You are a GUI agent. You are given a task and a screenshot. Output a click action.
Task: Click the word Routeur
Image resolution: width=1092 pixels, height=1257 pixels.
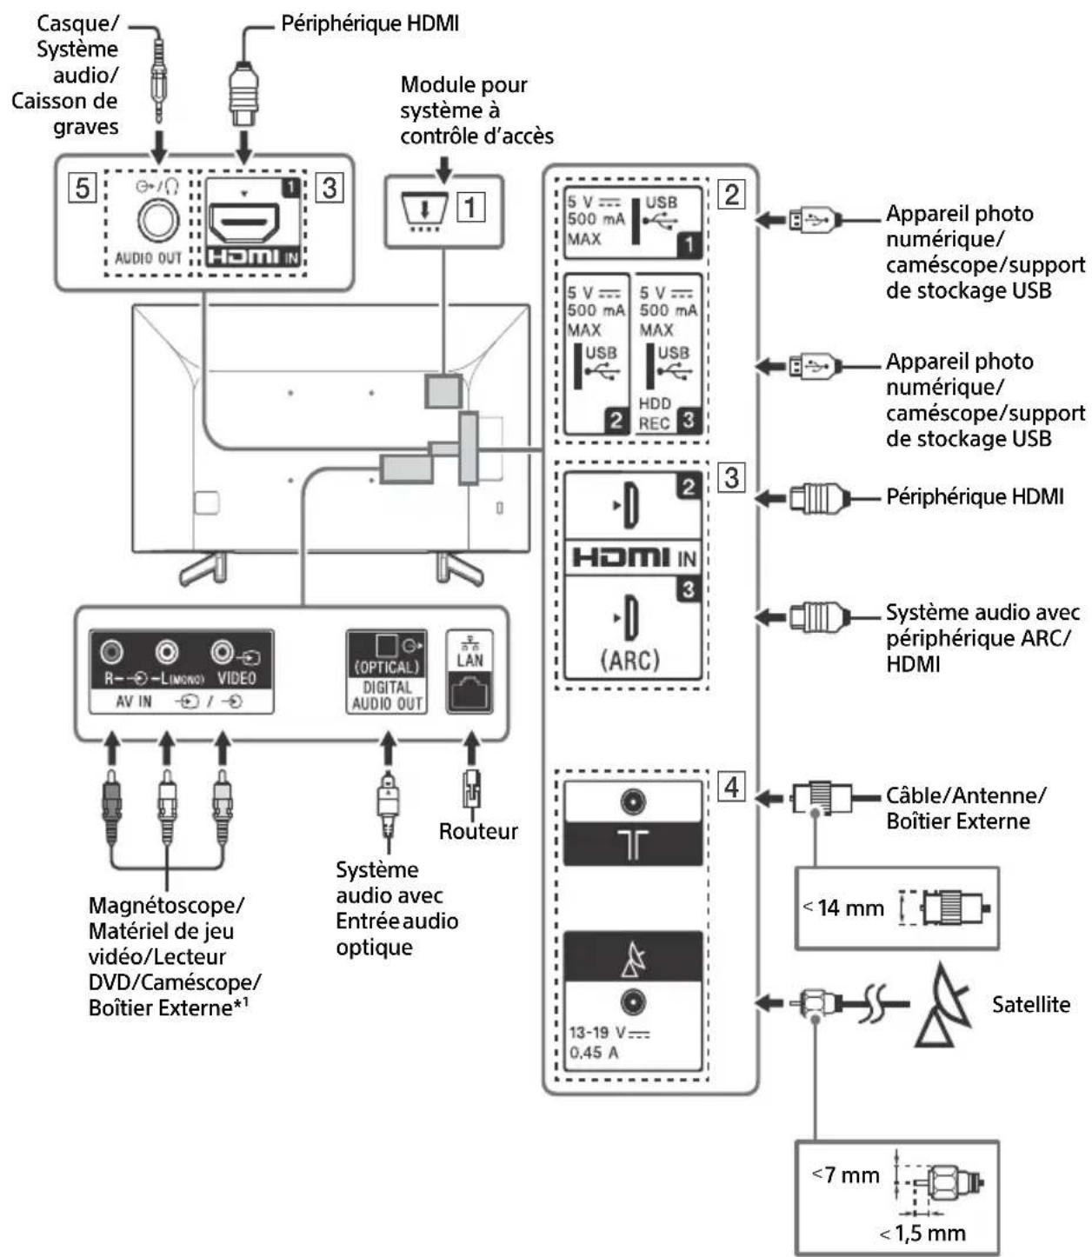[x=477, y=831]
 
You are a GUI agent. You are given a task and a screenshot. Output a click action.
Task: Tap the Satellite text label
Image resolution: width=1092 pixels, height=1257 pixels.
[x=1030, y=1004]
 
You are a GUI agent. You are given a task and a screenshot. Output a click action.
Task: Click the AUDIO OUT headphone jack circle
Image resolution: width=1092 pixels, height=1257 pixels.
[x=158, y=220]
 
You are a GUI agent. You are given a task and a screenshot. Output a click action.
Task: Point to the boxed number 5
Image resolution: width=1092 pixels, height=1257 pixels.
[x=83, y=188]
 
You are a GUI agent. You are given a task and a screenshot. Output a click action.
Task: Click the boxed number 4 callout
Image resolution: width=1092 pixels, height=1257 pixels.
[x=731, y=787]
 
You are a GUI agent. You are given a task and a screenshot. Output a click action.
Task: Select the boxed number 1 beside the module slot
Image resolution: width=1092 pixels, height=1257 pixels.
[x=470, y=207]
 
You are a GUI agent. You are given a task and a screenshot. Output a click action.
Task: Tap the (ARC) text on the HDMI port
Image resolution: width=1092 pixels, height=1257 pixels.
[x=629, y=661]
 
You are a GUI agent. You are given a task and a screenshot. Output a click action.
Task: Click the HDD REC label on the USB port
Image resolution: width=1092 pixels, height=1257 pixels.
[x=655, y=414]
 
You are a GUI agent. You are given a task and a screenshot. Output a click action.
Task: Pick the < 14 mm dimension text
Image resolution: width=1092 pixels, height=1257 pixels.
[x=842, y=908]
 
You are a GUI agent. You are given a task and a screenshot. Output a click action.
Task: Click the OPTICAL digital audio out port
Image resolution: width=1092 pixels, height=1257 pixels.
[x=386, y=646]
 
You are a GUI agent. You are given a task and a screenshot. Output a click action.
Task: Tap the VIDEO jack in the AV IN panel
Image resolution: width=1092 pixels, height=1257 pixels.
[x=222, y=651]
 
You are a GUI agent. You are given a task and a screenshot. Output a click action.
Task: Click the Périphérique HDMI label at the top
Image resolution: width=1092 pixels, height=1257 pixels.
[x=370, y=23]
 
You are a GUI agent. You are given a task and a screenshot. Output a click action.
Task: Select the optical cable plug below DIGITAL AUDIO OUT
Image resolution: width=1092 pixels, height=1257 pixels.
[x=387, y=806]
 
